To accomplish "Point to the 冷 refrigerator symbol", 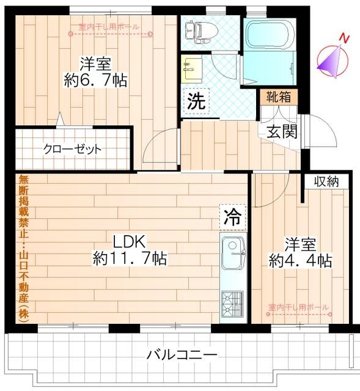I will [x=232, y=215].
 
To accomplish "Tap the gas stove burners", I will [x=232, y=302].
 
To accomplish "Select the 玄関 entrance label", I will [x=282, y=131].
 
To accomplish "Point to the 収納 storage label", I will [x=326, y=181].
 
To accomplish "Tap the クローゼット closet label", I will [x=72, y=148].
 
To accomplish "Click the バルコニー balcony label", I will [x=182, y=355].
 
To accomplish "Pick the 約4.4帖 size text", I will [x=301, y=261].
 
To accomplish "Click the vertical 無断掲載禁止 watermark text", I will [x=23, y=244].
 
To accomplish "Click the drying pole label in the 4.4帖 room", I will [x=299, y=307].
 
